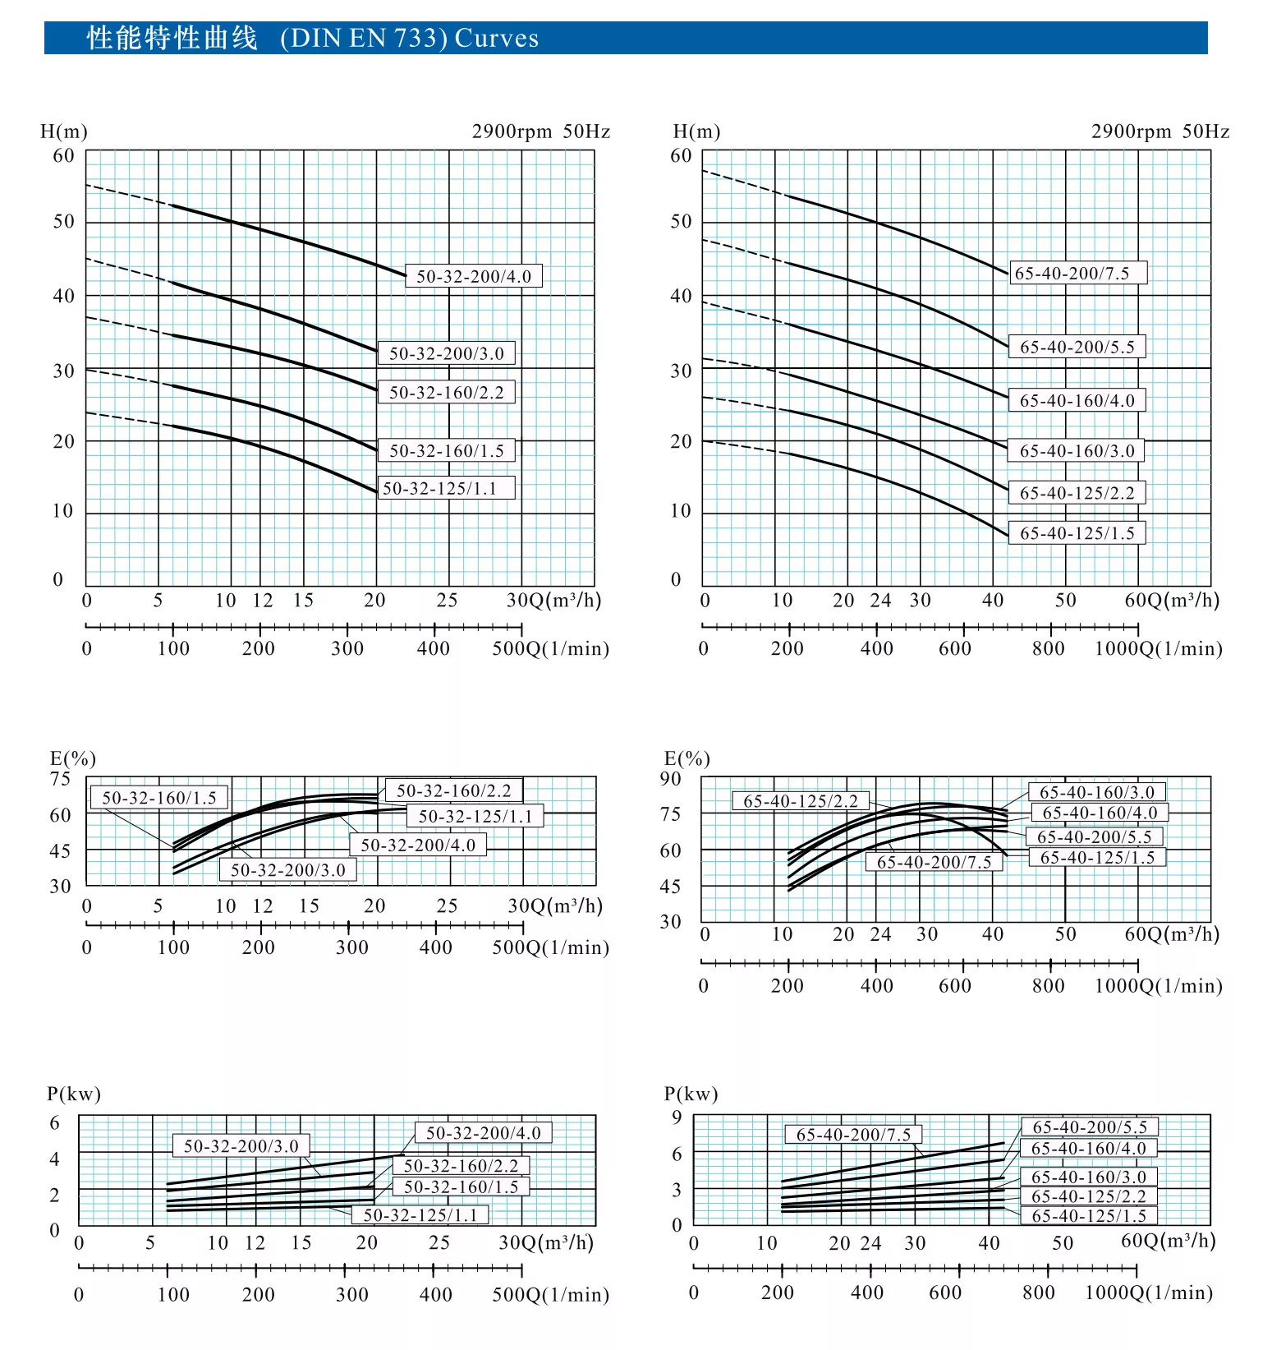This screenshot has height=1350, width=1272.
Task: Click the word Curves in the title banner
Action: [497, 39]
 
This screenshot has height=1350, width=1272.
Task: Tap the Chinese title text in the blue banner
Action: [172, 39]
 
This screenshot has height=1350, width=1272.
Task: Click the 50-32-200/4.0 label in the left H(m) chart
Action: [474, 276]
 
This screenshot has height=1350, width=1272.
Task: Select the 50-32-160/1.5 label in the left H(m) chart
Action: [447, 450]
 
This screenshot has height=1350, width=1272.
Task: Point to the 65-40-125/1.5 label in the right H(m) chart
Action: [1077, 533]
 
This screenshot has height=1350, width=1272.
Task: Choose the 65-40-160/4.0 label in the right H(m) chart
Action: [1077, 400]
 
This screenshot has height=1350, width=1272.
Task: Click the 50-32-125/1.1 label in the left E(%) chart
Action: [475, 816]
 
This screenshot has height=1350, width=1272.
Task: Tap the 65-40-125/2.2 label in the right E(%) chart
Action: [801, 801]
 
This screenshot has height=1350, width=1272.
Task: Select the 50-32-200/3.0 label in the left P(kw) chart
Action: [241, 1145]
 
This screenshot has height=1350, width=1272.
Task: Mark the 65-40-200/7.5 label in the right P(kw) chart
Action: [854, 1135]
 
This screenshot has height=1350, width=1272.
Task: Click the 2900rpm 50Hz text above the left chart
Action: [541, 131]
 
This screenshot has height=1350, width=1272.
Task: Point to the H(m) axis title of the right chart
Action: [696, 131]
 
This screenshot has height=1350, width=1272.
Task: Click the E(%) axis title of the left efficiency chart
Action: [72, 758]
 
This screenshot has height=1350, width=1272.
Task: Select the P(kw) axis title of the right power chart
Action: [691, 1094]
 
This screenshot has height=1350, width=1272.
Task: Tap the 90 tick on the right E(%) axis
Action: [671, 779]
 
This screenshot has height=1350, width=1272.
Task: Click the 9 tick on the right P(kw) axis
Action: [677, 1117]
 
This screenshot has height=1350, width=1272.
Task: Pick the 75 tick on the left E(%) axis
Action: [61, 779]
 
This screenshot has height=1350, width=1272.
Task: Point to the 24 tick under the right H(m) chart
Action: [880, 601]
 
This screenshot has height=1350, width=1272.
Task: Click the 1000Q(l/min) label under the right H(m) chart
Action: [1159, 648]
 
